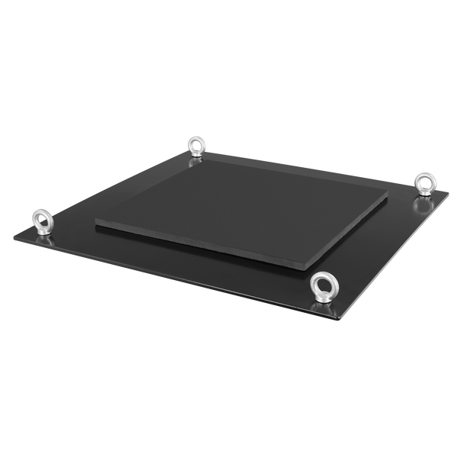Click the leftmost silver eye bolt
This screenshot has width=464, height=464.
[40, 221]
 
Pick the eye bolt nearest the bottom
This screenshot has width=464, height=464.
[320, 287]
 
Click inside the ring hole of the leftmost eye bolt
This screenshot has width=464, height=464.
[40, 216]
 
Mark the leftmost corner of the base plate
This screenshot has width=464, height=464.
[11, 235]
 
